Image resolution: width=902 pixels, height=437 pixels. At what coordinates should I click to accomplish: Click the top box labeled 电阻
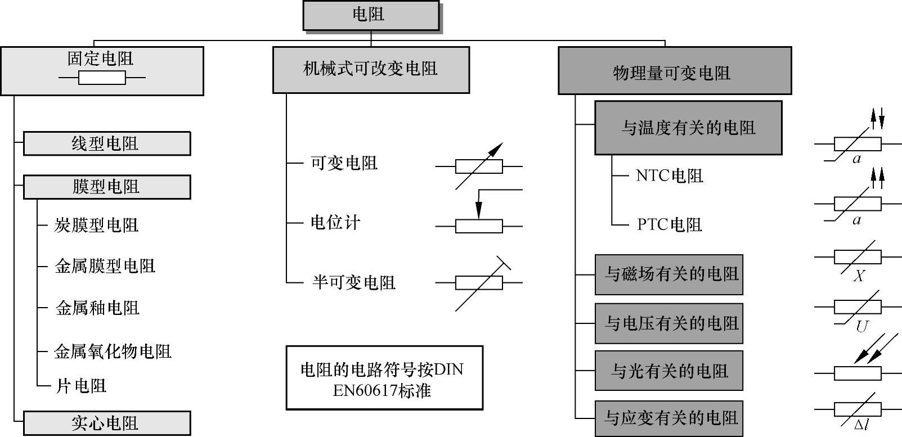pos(371,15)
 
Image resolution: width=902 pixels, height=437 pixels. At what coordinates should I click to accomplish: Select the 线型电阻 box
pos(106,143)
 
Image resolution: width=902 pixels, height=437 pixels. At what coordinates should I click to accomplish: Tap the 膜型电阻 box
pos(106,187)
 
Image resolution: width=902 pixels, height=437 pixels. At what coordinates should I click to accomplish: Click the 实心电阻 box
pos(106,423)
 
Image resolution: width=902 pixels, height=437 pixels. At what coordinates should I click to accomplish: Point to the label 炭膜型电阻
pos(96,225)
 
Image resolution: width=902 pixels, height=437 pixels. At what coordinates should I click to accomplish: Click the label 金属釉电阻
pos(97,308)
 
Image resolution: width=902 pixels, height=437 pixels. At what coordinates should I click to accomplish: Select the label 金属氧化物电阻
pos(113,352)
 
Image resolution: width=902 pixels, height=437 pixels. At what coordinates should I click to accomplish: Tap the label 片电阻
pos(81,386)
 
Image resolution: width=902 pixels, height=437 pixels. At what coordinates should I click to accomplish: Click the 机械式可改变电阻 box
pos(371,69)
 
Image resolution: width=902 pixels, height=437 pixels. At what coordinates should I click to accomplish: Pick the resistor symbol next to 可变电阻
pos(479,166)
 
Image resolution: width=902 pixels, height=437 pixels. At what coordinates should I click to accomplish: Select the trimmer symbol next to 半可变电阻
pos(479,282)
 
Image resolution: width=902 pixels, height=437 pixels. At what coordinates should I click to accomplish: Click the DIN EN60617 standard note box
pos(384,378)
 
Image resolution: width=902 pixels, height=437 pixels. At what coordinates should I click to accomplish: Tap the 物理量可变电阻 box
pos(674,71)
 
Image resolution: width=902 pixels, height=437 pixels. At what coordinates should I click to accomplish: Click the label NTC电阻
pos(669,175)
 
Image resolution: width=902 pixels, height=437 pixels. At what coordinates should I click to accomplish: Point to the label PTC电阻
pos(669,224)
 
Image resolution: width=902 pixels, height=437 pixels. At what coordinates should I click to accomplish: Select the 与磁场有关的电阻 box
pos(668,274)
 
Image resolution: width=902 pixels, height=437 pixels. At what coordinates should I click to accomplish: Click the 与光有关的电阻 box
pos(668,371)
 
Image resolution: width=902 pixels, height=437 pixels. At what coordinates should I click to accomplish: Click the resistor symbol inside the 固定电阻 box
pos(102,78)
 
